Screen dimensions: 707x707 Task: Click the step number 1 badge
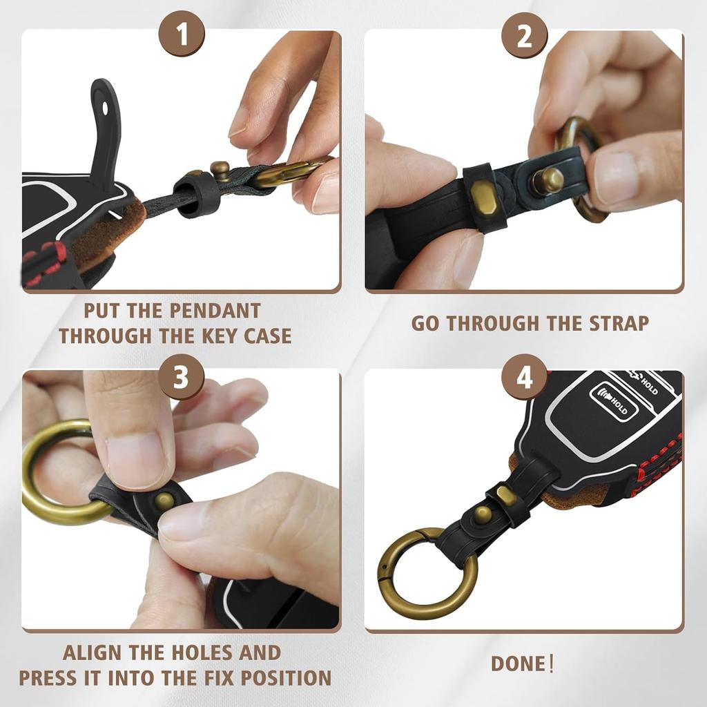tap(181, 35)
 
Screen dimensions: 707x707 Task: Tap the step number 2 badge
tap(525, 35)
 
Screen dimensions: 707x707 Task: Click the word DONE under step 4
tap(518, 664)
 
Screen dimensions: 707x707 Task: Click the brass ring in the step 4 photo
tap(428, 573)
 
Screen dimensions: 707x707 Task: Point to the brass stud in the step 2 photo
tap(548, 181)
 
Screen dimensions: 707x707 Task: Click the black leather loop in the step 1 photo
tap(195, 194)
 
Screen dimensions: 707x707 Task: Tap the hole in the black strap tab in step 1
tap(105, 108)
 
